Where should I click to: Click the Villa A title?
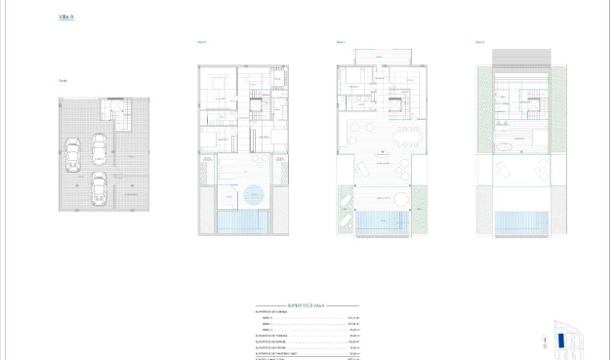[65, 18]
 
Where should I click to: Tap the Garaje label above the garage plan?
[62, 80]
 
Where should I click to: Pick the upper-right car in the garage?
[99, 148]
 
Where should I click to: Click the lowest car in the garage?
[99, 188]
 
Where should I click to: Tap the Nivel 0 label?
[202, 42]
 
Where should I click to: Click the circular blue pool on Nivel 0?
[254, 193]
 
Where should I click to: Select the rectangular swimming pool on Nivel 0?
[241, 224]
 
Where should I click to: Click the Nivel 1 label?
[341, 42]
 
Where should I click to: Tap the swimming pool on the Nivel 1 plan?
[381, 223]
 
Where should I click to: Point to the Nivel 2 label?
[480, 42]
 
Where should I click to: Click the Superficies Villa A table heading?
[306, 304]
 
